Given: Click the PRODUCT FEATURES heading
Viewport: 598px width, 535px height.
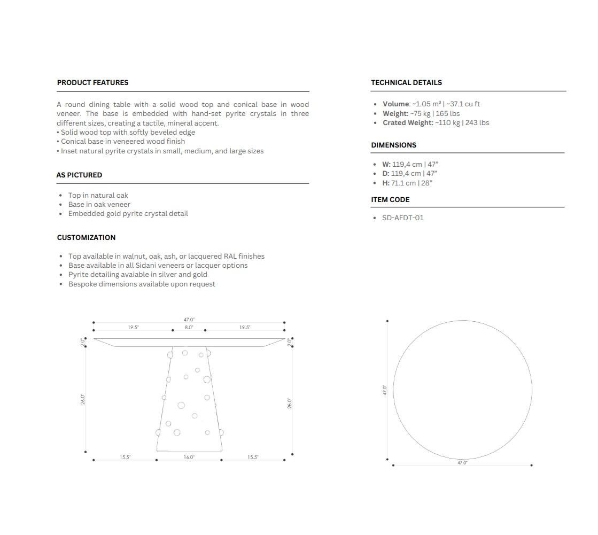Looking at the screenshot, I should (x=92, y=82).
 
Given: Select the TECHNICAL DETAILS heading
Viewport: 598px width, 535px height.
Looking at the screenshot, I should (x=406, y=82).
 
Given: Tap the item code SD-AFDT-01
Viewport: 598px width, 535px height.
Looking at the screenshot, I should (x=402, y=218).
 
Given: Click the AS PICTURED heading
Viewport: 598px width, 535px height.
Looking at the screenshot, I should (x=79, y=175).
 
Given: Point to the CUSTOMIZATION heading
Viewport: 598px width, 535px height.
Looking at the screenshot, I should (x=86, y=237).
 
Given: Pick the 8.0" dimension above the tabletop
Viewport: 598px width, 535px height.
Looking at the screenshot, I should (x=189, y=327).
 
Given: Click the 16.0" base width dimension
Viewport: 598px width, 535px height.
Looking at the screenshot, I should (x=189, y=457).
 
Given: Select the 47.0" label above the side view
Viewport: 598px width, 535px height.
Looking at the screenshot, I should (x=189, y=320).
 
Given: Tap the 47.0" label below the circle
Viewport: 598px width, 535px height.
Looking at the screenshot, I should (x=462, y=463).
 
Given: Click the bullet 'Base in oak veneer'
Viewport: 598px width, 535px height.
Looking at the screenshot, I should (x=99, y=204).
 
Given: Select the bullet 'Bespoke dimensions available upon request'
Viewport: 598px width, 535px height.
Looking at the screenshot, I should (x=142, y=284).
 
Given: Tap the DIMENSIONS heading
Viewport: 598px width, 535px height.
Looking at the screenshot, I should (x=393, y=145).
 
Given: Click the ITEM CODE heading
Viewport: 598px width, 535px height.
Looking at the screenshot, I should (x=390, y=199).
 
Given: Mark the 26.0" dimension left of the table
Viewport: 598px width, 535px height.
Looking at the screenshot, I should (x=83, y=399).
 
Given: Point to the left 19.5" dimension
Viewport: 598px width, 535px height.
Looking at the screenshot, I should (x=133, y=327).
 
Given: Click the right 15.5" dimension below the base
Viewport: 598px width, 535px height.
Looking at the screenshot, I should (x=253, y=457).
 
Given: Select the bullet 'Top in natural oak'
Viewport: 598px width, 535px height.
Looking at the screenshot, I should (x=98, y=195).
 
